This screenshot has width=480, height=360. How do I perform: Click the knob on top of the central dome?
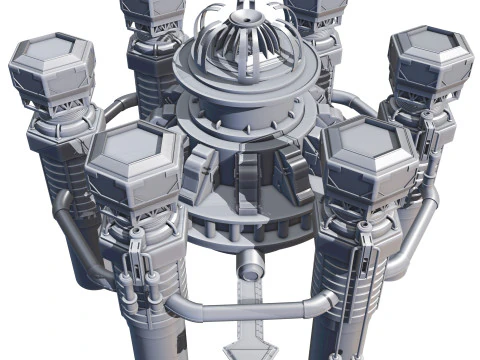[246, 16]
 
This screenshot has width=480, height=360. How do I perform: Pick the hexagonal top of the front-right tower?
[367, 150]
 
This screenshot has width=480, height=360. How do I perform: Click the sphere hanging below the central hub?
[250, 266]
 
